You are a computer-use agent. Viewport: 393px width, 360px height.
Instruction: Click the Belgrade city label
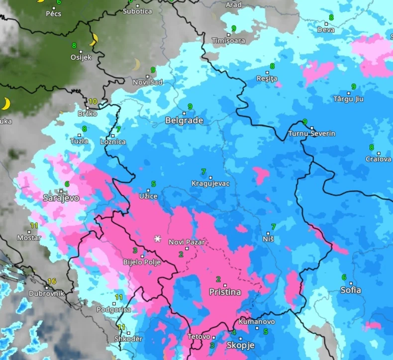click(x=184, y=120)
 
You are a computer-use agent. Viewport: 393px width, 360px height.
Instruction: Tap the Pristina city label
click(x=225, y=292)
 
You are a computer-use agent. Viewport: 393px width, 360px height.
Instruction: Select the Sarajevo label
click(x=61, y=197)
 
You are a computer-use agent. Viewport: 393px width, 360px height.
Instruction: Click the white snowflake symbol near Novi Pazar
click(x=158, y=239)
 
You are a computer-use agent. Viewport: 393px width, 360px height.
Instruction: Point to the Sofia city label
click(x=351, y=290)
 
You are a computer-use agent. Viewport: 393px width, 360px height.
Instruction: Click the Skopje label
click(x=240, y=345)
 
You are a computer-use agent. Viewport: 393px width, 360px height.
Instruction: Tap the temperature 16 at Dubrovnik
click(x=51, y=281)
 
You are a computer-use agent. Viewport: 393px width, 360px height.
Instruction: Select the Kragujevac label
click(x=210, y=183)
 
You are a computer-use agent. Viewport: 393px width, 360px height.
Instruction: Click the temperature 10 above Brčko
click(x=93, y=101)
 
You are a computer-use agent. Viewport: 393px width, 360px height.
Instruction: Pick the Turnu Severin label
click(x=312, y=134)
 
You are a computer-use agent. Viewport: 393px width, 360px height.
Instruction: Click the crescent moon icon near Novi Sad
click(x=136, y=65)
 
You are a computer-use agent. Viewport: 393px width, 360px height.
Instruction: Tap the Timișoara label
click(x=229, y=41)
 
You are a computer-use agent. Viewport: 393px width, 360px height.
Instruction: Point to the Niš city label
click(x=268, y=239)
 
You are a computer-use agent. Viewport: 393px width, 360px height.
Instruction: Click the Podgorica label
click(x=114, y=310)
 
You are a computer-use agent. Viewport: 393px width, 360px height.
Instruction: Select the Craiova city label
click(x=378, y=159)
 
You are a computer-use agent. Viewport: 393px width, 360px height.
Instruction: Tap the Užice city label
click(x=148, y=196)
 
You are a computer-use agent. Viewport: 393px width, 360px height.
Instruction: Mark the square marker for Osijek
click(x=81, y=51)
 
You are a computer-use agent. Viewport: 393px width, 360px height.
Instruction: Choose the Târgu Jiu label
click(x=348, y=99)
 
